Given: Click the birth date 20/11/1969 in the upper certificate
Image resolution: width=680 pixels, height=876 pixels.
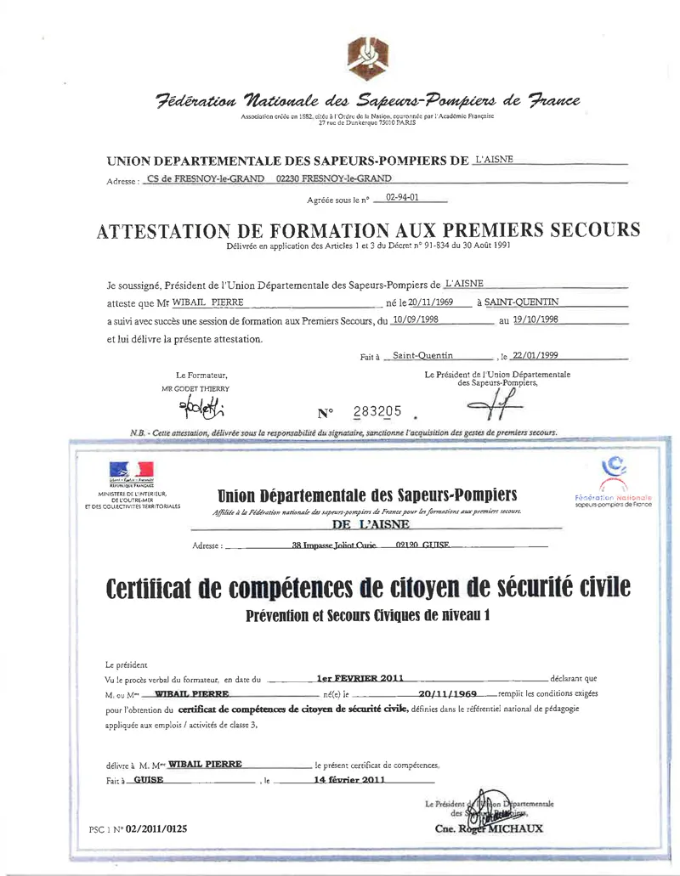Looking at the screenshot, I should point(422,302).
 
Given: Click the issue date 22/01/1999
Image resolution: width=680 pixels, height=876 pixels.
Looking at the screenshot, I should point(535,355).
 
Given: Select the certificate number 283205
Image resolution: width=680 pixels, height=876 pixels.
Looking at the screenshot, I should point(377,412).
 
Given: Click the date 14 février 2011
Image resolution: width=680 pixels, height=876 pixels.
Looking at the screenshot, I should point(350,779).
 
